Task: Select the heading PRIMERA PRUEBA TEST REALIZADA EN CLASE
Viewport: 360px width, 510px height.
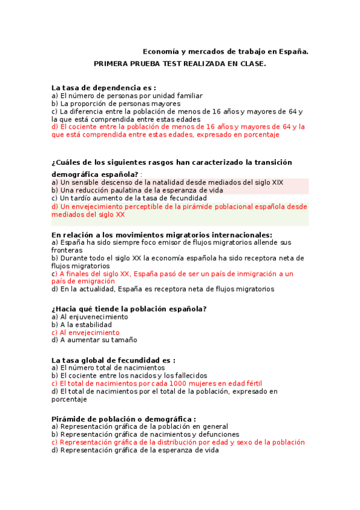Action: (180, 64)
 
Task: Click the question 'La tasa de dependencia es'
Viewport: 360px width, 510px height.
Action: (103, 88)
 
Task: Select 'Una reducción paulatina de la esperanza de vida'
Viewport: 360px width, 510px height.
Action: (137, 190)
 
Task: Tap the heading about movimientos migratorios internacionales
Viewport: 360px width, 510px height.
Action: (162, 235)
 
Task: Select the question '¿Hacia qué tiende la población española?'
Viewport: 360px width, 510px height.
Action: (129, 309)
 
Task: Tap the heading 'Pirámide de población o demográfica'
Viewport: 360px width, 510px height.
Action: (123, 419)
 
